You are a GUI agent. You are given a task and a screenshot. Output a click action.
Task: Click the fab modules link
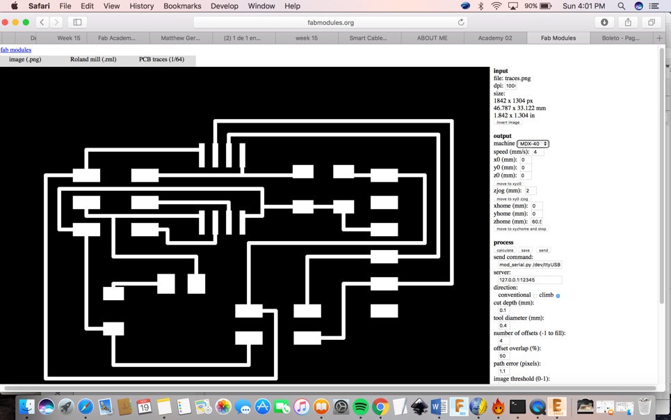[x=16, y=50]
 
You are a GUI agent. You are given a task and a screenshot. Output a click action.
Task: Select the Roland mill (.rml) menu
[x=93, y=60]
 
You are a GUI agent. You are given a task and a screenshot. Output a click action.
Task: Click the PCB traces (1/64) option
[x=161, y=60]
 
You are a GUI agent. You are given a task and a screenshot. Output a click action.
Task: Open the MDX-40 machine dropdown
[x=533, y=143]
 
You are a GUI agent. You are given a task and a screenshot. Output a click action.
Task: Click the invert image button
[x=508, y=123]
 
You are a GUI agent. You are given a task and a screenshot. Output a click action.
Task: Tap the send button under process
[x=543, y=250]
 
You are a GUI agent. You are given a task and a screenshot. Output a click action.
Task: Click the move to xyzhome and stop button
[x=521, y=229]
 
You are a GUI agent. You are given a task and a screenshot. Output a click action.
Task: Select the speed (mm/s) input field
[x=538, y=152]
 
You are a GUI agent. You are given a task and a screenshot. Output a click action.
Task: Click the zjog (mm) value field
[x=531, y=191]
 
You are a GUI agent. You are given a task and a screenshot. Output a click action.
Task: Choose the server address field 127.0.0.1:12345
[x=530, y=280]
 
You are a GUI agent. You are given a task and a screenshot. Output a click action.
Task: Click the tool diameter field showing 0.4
[x=503, y=325]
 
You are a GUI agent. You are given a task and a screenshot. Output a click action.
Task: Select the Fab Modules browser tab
[x=558, y=38]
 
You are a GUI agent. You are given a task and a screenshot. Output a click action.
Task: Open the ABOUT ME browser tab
[x=432, y=38]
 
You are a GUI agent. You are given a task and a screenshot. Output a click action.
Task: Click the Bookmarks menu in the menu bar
[x=182, y=6]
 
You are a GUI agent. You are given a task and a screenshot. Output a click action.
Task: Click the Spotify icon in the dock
[x=360, y=407]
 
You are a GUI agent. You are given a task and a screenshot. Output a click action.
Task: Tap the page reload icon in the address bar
[x=461, y=22]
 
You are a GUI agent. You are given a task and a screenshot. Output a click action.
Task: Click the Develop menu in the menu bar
[x=224, y=6]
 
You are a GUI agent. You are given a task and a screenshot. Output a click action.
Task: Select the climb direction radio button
[x=558, y=295]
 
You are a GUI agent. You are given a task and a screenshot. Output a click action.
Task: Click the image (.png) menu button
[x=25, y=60]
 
